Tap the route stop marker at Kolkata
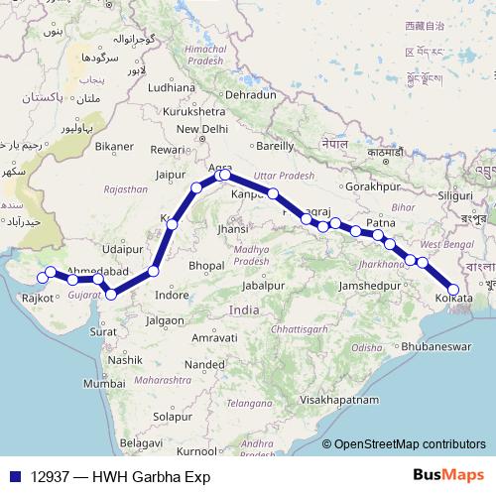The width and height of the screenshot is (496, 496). pos(453,289)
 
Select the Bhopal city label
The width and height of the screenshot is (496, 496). pos(205,266)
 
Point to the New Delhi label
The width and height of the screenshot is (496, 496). pos(201,129)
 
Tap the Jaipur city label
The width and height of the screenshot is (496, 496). pos(173,175)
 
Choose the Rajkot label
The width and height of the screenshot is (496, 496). pos(38,296)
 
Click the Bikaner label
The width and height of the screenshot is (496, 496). pos(114,147)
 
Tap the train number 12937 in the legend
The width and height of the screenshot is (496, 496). pos(47,476)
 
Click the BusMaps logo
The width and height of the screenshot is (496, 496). pos(447,475)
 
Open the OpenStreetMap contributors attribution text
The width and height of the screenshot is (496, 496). pos(409,445)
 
